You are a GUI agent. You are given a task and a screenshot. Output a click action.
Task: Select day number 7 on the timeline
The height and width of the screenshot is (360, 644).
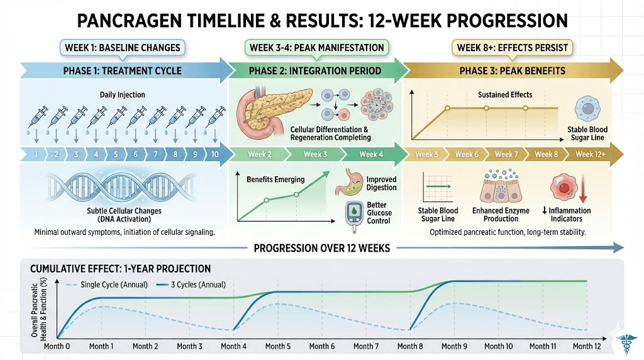tap(155, 154)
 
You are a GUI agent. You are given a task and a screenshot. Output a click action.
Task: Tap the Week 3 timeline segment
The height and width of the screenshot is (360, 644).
tap(316, 154)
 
